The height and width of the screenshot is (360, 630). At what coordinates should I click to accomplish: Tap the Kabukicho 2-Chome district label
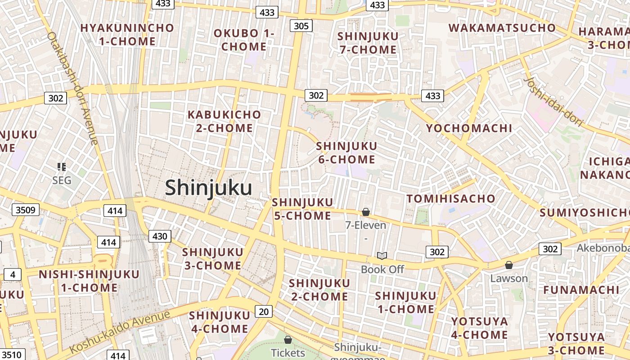coord(224,121)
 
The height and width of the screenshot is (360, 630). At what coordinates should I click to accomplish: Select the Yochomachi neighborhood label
coord(469,128)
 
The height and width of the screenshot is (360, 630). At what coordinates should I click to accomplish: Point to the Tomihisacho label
coord(451,198)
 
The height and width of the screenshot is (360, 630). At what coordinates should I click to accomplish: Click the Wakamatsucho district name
coord(502,28)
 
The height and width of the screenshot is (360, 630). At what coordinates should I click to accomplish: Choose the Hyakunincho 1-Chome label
coord(127,35)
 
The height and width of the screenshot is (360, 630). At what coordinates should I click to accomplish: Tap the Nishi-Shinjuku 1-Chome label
coord(89,281)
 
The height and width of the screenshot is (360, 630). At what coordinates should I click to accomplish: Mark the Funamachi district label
coord(581,290)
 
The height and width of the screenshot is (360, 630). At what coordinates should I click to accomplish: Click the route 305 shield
coord(301,26)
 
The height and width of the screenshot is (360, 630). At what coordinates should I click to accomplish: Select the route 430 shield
coord(160,236)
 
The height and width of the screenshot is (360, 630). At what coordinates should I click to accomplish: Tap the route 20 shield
coord(264,311)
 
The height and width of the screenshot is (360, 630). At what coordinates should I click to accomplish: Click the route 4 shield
coord(13,274)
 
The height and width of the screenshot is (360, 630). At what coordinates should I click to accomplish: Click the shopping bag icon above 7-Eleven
coord(366,212)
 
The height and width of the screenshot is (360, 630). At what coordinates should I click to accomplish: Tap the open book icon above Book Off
coord(382,256)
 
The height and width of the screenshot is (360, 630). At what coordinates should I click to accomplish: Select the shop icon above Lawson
coord(509,265)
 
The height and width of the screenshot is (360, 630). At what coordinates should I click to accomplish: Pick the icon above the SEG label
coord(62,167)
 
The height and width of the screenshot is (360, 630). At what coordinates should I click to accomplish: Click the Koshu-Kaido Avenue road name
coord(120,332)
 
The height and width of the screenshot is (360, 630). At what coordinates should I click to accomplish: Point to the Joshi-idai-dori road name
coord(553,101)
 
